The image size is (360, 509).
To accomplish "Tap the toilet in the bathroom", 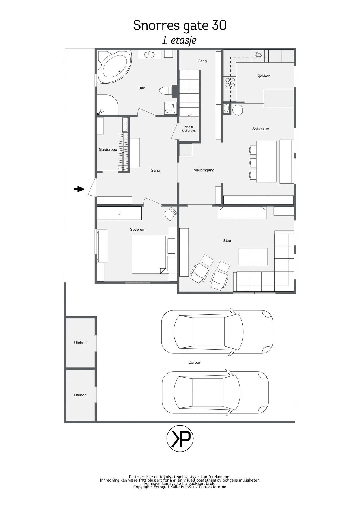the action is [166, 90].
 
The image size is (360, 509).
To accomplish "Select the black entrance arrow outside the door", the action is [79, 189].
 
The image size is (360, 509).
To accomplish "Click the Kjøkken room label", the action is [263, 76].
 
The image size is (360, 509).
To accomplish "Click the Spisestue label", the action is [260, 129].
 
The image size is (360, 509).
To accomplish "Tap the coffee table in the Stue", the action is [253, 256].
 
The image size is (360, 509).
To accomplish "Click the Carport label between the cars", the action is [195, 362].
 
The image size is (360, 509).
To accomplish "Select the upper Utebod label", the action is [80, 343].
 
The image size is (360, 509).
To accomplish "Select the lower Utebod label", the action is [80, 395].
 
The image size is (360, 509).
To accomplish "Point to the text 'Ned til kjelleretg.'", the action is [189, 129].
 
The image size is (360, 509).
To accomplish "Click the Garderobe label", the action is [108, 150].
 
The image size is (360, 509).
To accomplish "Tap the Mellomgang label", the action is [204, 170].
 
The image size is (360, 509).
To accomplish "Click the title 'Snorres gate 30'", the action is [180, 25].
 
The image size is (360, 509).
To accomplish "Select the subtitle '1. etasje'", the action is [179, 40].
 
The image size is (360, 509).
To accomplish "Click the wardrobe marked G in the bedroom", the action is [119, 213].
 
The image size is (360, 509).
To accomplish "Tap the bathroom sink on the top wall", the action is [149, 54].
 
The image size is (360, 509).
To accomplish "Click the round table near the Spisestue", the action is [238, 110].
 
